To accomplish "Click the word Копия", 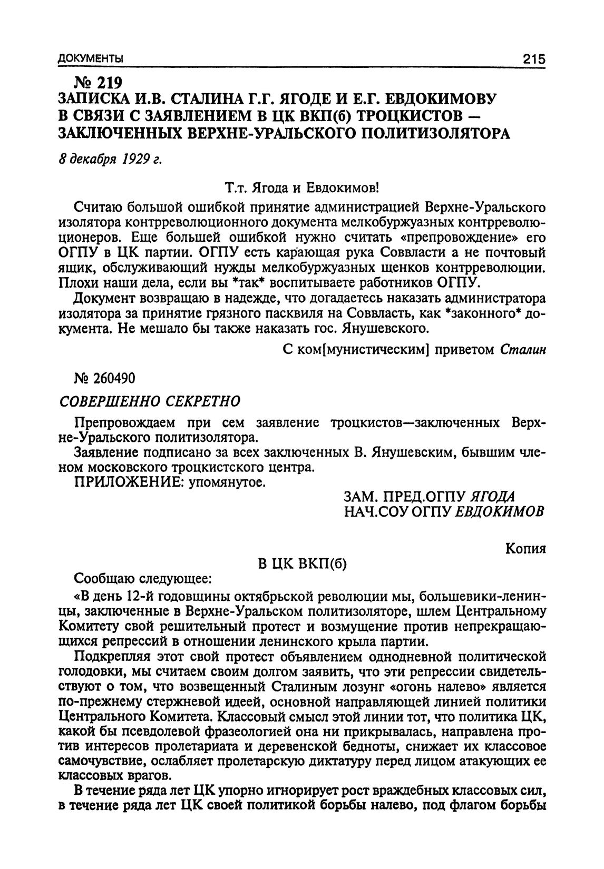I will [x=525, y=549].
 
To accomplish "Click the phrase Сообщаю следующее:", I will [x=143, y=579].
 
